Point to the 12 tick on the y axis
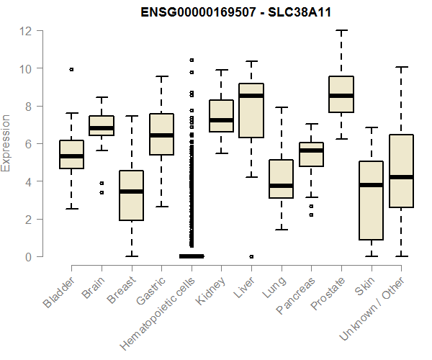27,31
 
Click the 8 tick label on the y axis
27,106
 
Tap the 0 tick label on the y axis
27,256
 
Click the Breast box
132,195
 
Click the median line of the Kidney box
221,120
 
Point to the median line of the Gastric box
161,135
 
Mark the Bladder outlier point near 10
72,69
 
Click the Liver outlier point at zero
251,256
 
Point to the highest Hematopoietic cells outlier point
192,60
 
